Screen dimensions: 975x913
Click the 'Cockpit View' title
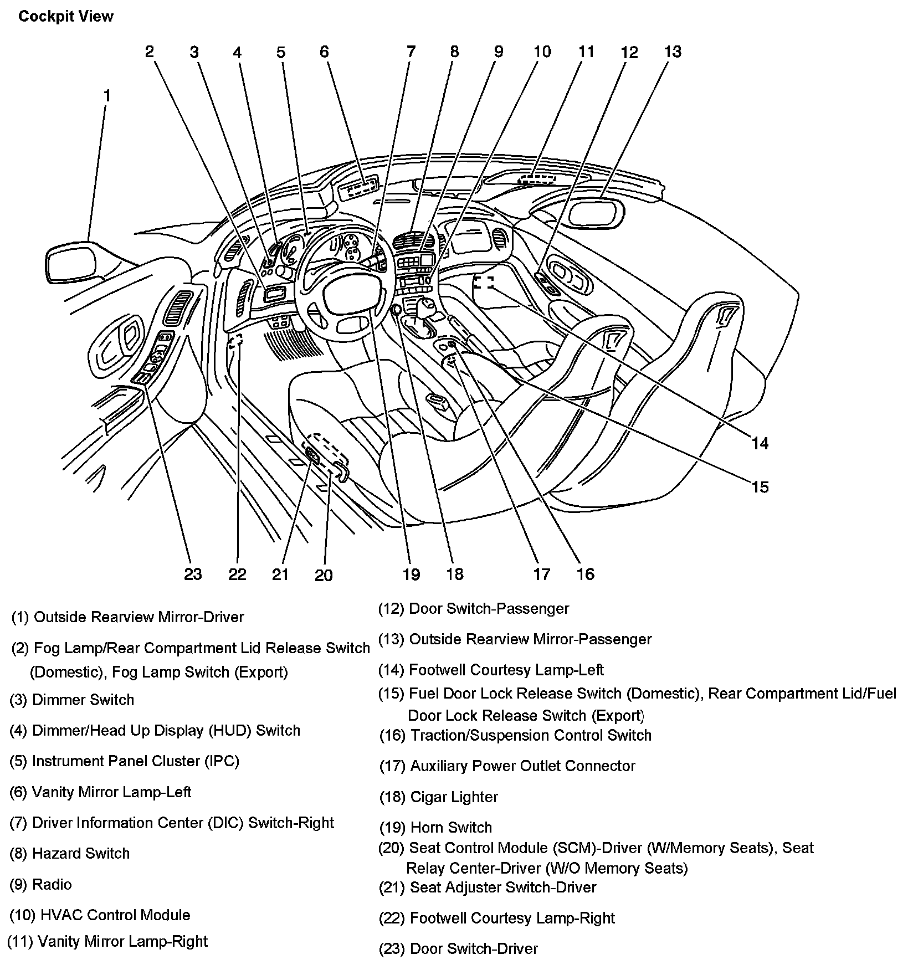pyautogui.click(x=65, y=17)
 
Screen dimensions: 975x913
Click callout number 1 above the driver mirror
pyautogui.click(x=107, y=96)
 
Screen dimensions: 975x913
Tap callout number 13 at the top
pyautogui.click(x=672, y=52)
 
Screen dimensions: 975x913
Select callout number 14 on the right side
pyautogui.click(x=760, y=443)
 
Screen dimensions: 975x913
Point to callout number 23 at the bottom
pyautogui.click(x=193, y=574)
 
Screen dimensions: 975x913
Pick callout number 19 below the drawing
pyautogui.click(x=411, y=574)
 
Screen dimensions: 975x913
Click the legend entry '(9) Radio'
pyautogui.click(x=41, y=884)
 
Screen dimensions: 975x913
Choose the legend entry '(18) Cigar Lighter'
pyautogui.click(x=438, y=797)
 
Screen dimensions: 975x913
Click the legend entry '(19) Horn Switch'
pyautogui.click(x=435, y=827)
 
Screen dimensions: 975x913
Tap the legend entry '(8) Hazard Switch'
pyautogui.click(x=70, y=853)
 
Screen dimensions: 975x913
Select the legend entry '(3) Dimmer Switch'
pyautogui.click(x=72, y=700)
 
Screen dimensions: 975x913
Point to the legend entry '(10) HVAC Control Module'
pyautogui.click(x=100, y=915)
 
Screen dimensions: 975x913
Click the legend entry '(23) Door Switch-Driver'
pyautogui.click(x=458, y=948)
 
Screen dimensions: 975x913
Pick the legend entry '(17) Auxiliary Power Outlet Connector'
pyautogui.click(x=507, y=766)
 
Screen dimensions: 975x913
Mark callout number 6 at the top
pyautogui.click(x=324, y=52)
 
